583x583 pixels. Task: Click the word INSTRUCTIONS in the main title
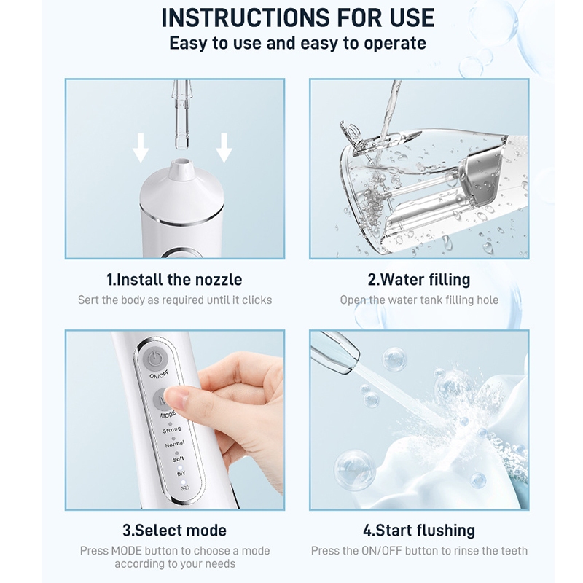[246, 17]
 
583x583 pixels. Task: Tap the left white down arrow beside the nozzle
[141, 148]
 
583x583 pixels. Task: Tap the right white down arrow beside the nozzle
[224, 148]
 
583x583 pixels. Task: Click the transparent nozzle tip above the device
[181, 114]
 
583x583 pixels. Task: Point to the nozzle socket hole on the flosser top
[182, 163]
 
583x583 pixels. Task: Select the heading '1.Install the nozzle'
[174, 280]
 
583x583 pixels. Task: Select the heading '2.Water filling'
[419, 280]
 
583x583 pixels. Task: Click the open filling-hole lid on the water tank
[351, 135]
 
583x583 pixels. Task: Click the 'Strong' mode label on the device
[171, 430]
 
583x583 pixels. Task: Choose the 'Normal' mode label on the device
[175, 444]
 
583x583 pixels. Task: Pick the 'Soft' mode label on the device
[179, 459]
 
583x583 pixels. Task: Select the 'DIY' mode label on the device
[181, 474]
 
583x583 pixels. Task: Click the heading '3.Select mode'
[174, 531]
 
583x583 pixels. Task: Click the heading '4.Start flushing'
[419, 531]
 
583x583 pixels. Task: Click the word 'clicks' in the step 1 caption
[257, 300]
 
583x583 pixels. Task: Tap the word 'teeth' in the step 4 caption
[514, 551]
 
